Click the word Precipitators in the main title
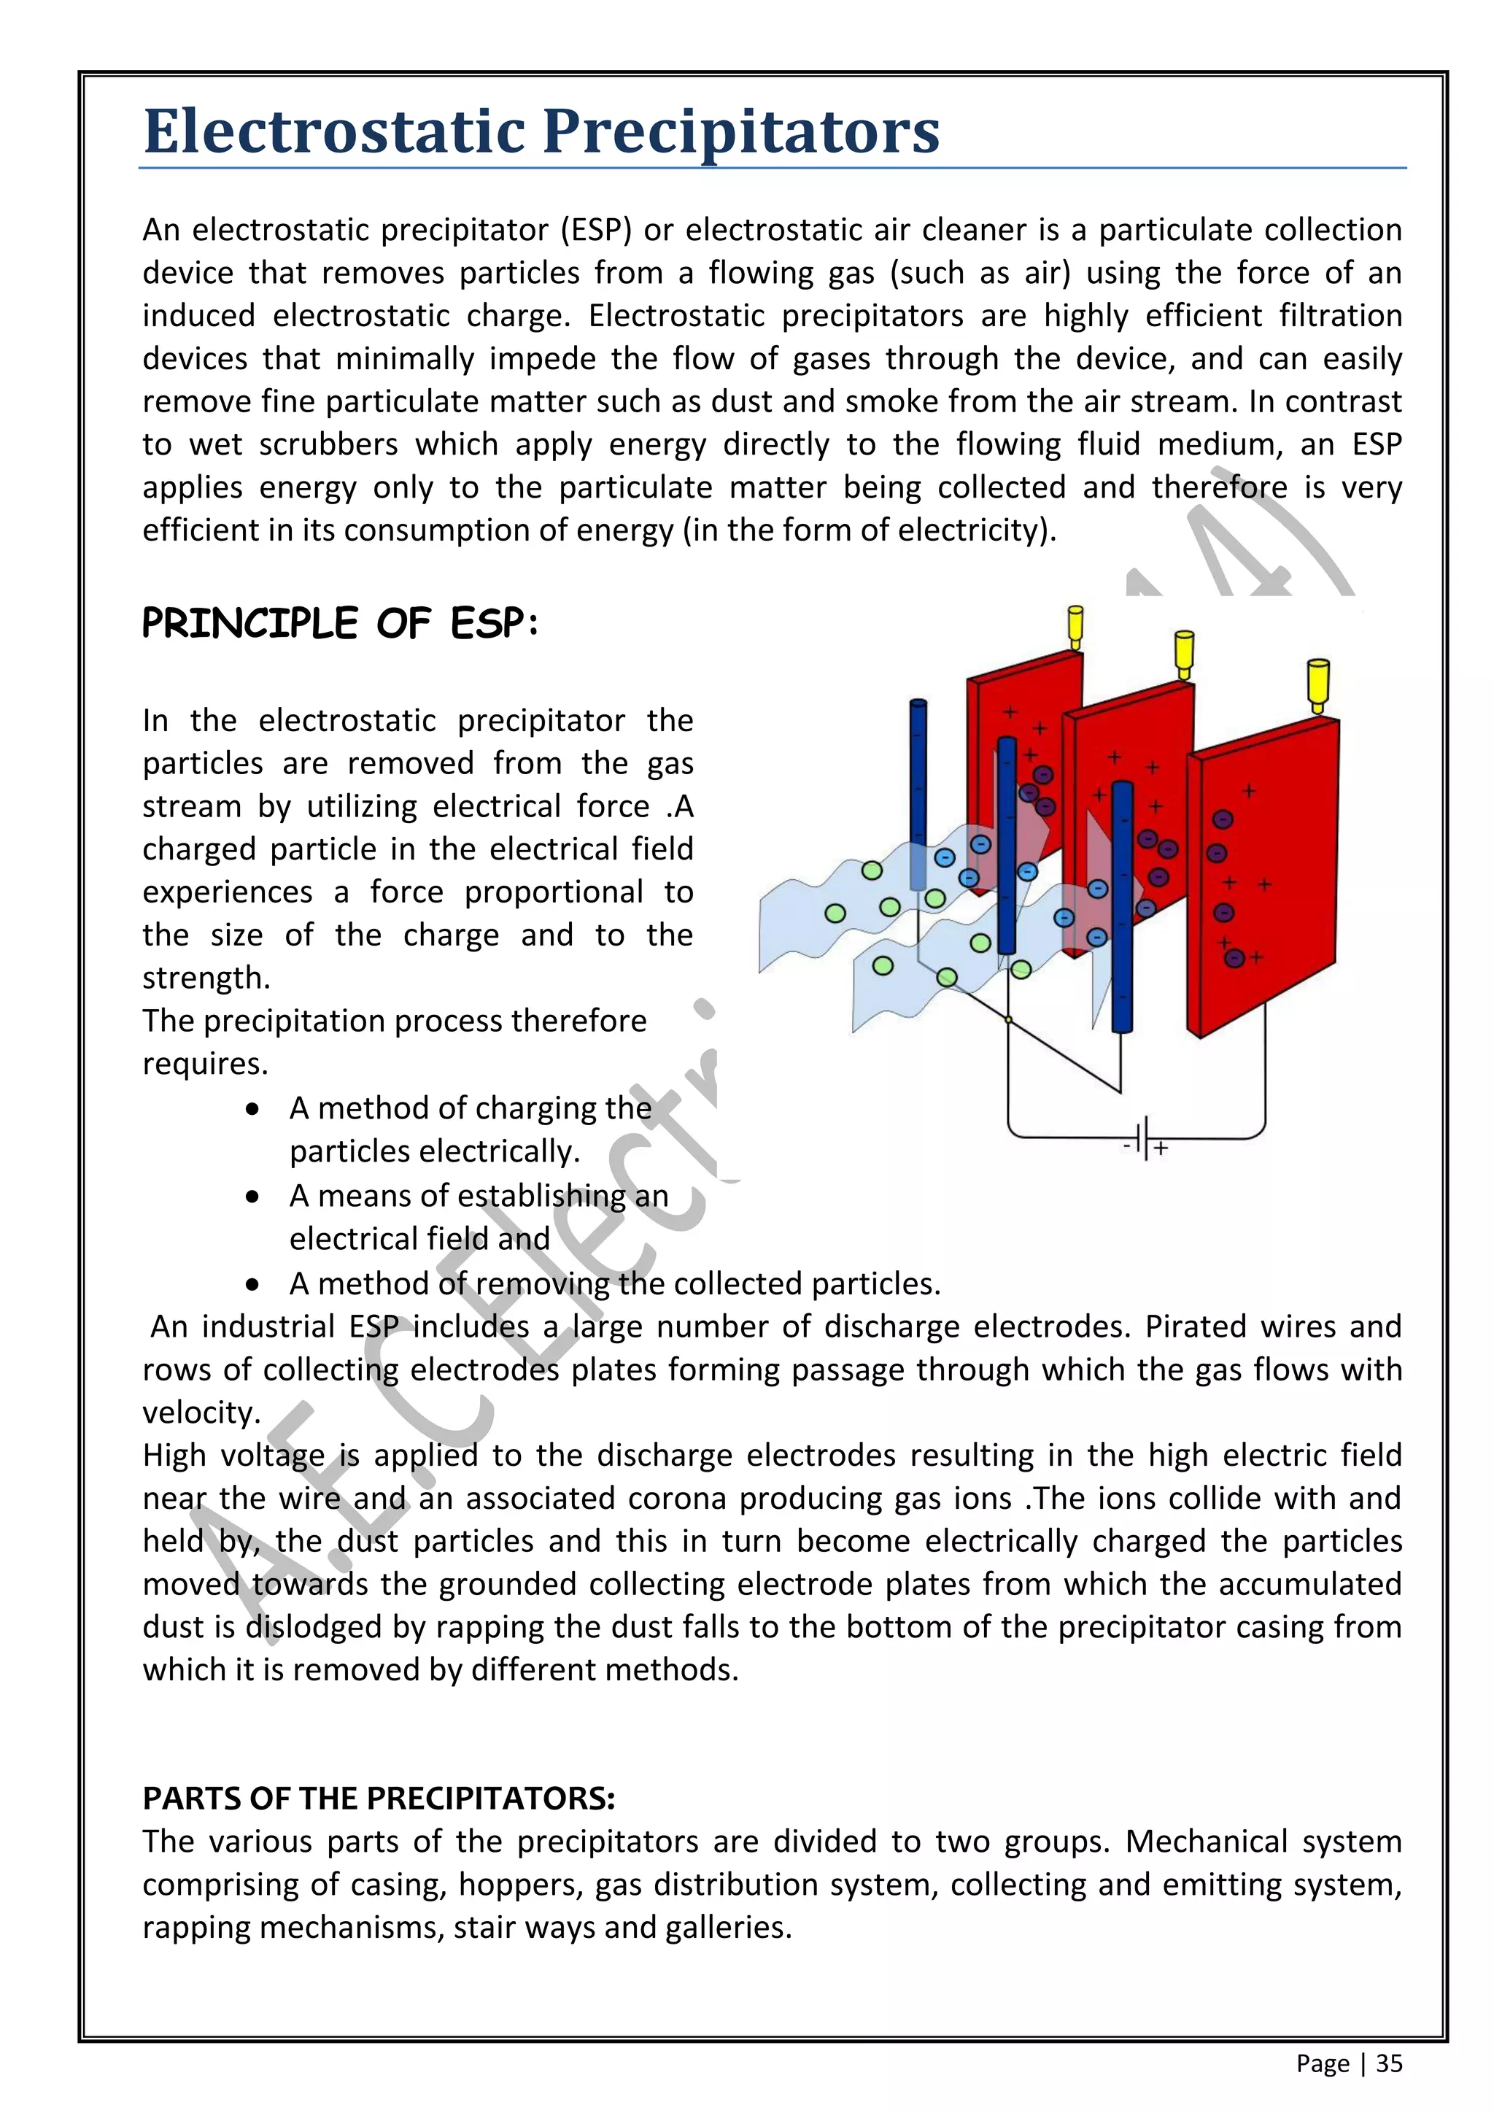coord(741,131)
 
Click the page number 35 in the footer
coord(1389,2063)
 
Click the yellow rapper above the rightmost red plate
coord(1318,683)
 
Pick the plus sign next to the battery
coord(1162,1148)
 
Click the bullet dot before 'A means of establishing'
coord(253,1197)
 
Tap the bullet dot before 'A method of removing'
coord(253,1284)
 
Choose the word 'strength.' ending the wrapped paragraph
coord(206,978)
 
